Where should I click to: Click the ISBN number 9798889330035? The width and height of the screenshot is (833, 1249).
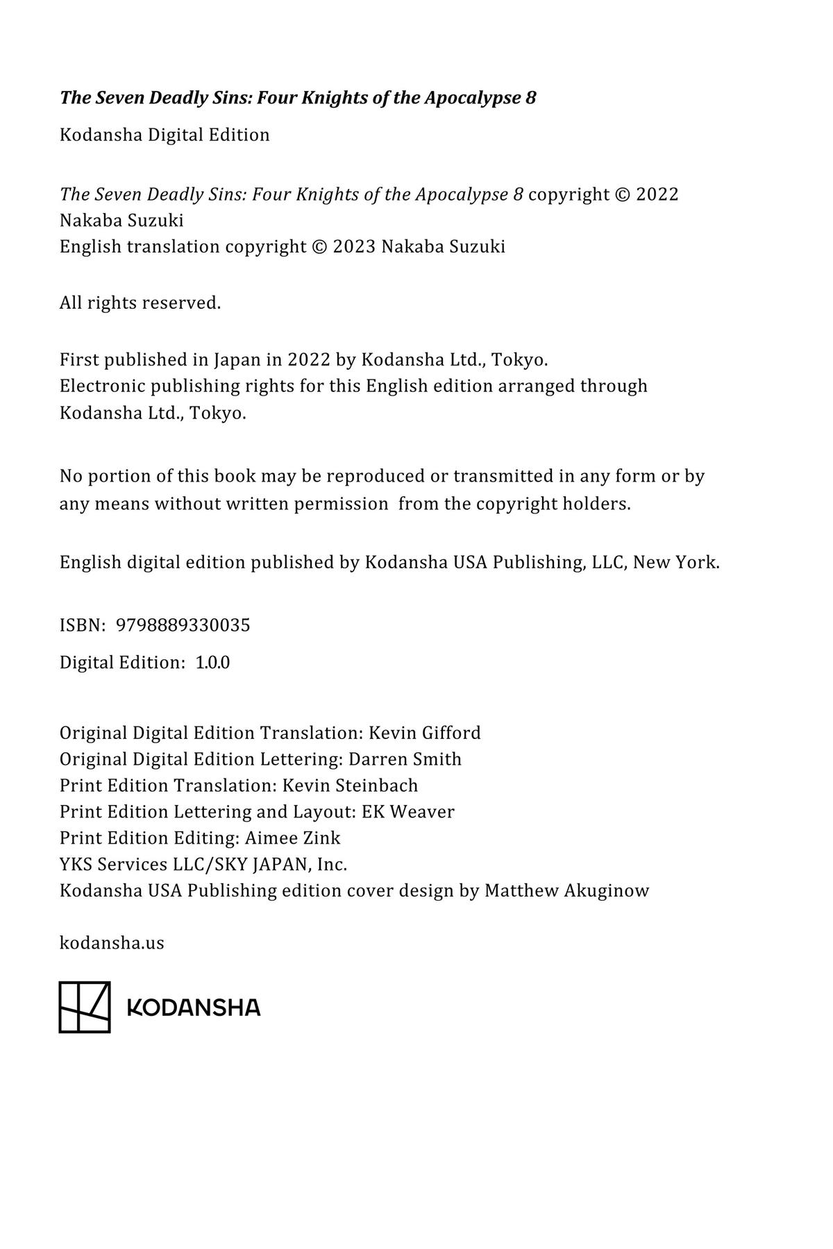(x=183, y=625)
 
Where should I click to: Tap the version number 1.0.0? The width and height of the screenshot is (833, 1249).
(x=212, y=663)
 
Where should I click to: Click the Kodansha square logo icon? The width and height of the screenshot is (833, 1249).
(x=85, y=1007)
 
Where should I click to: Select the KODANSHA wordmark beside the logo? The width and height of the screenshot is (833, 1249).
(x=194, y=1008)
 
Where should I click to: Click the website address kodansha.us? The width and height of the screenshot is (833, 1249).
(x=112, y=943)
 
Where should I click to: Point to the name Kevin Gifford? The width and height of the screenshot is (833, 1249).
(x=424, y=733)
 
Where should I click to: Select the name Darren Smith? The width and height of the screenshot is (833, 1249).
(x=405, y=759)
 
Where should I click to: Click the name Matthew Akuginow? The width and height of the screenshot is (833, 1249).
(x=566, y=891)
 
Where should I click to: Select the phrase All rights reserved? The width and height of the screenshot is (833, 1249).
(x=140, y=303)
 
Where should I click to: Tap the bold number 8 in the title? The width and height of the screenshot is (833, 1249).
(x=531, y=98)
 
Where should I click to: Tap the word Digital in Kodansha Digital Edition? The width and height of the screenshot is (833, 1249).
(x=174, y=135)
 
